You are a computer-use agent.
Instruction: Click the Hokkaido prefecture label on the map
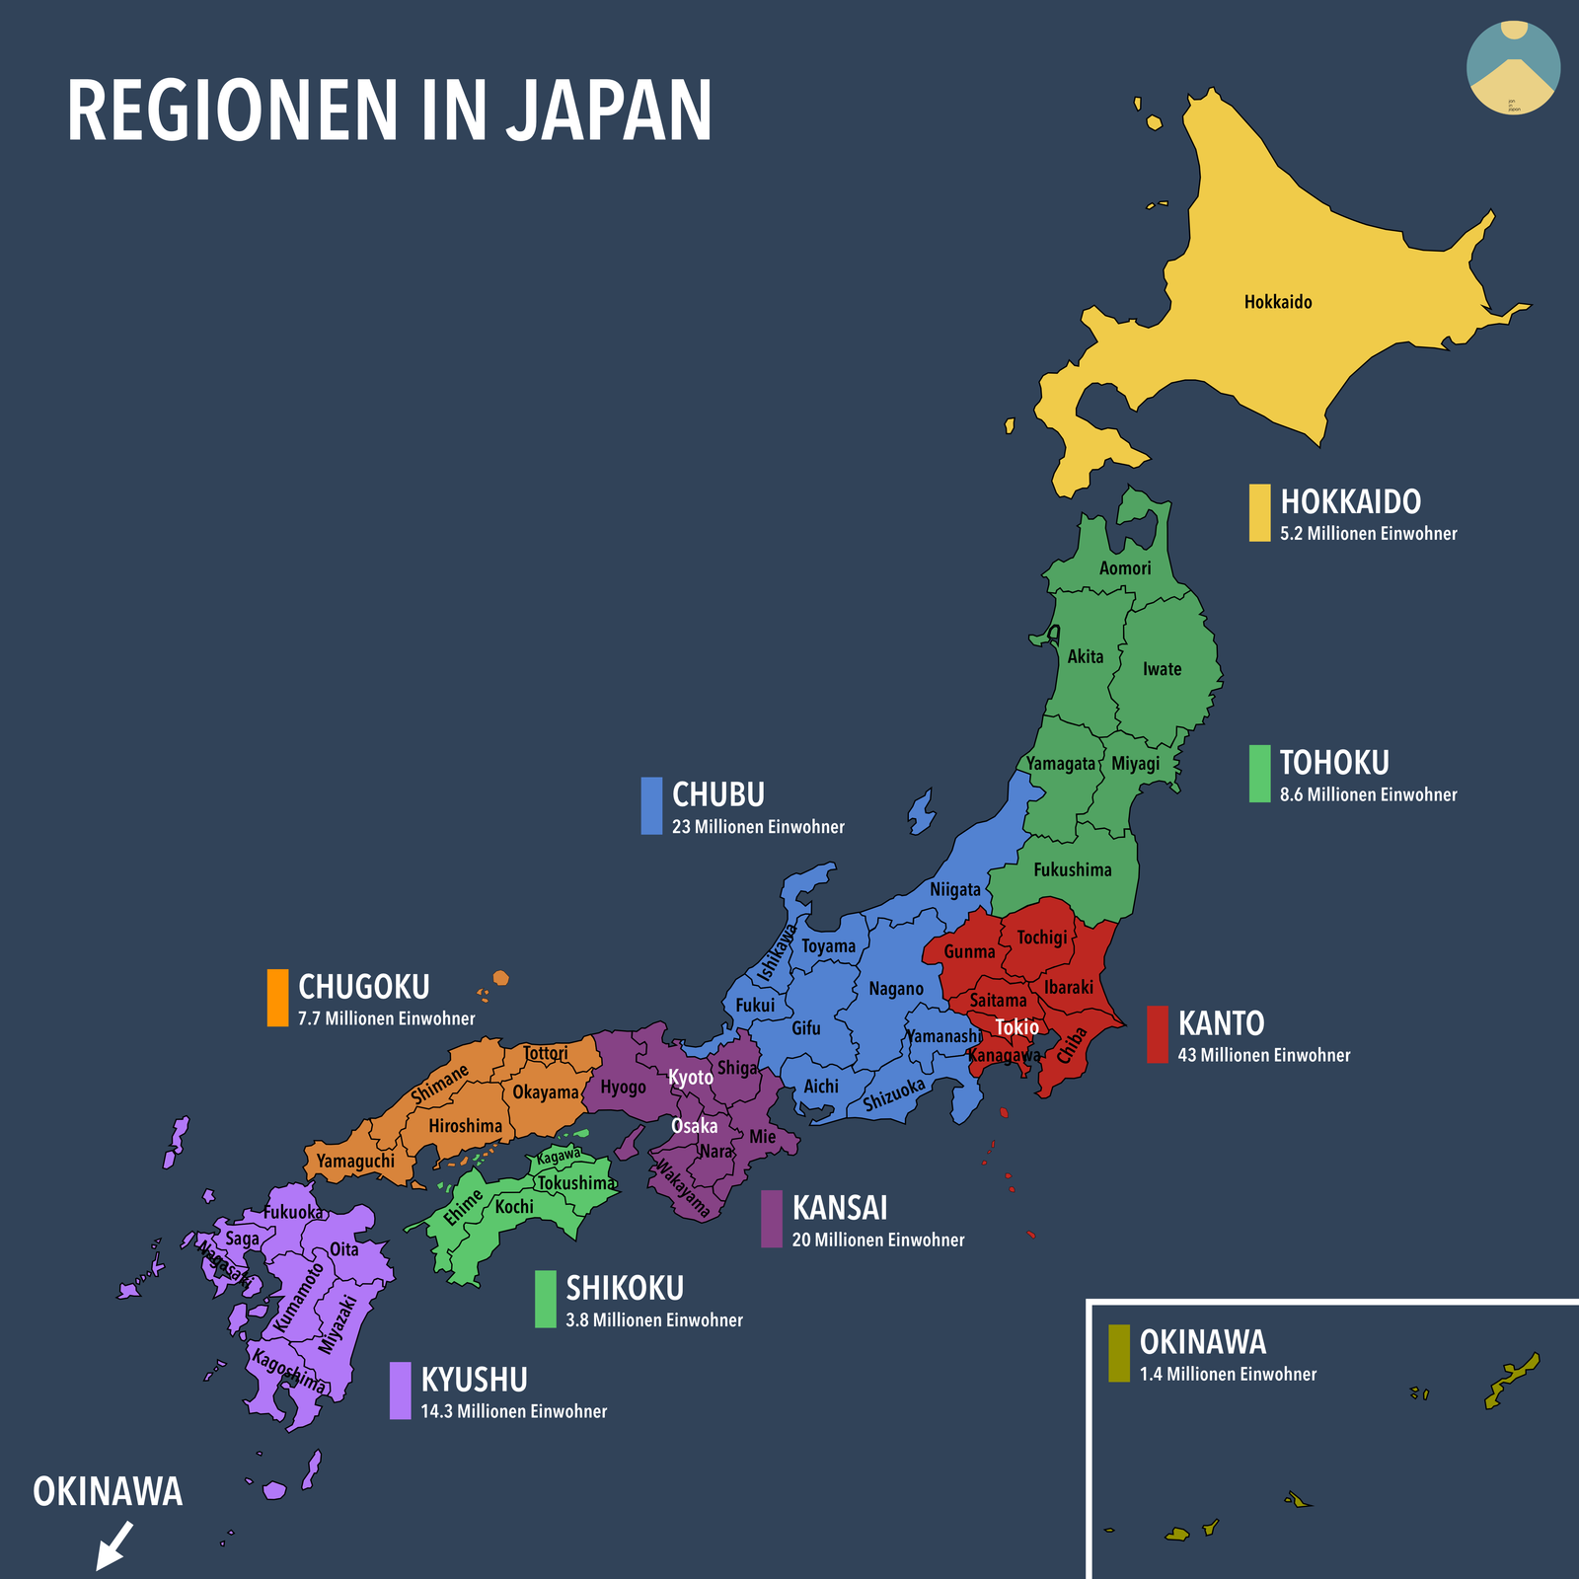click(x=1278, y=302)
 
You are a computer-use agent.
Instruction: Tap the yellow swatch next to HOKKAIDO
click(x=1259, y=512)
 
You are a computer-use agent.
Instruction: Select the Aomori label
click(x=1125, y=568)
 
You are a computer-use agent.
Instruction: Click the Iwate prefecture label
click(x=1162, y=669)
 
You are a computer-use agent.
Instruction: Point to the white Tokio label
click(x=1016, y=1027)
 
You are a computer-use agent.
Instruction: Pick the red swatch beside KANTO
click(x=1157, y=1034)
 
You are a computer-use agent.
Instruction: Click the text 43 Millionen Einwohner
click(x=1263, y=1055)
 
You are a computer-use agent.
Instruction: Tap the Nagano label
click(x=896, y=989)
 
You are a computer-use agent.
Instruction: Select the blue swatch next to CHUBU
click(x=651, y=805)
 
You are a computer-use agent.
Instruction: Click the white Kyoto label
click(x=691, y=1078)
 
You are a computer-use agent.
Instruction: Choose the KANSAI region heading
click(x=840, y=1208)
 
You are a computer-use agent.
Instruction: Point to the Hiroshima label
click(x=465, y=1126)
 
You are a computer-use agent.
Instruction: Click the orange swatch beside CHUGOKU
click(x=277, y=997)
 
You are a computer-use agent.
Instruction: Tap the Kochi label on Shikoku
click(x=514, y=1207)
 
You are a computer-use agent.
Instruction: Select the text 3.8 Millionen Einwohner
click(x=654, y=1320)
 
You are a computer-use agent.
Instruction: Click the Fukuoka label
click(x=293, y=1213)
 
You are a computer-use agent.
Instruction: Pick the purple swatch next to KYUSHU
click(x=400, y=1391)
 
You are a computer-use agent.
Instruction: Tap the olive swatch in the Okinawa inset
click(x=1118, y=1353)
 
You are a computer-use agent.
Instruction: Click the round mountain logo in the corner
click(x=1513, y=67)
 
